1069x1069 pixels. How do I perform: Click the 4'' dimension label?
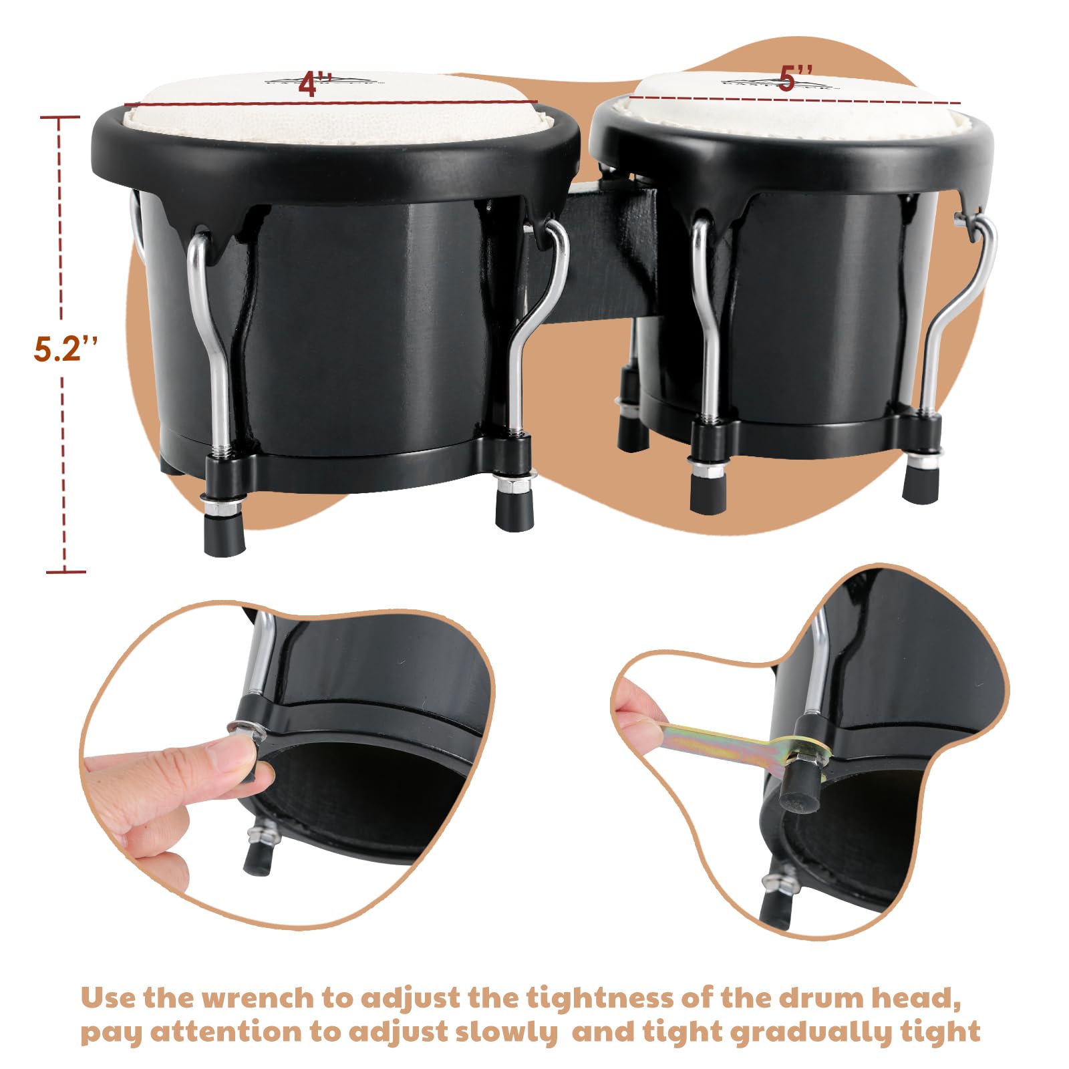[x=315, y=84]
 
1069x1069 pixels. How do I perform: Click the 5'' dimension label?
[x=795, y=79]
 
